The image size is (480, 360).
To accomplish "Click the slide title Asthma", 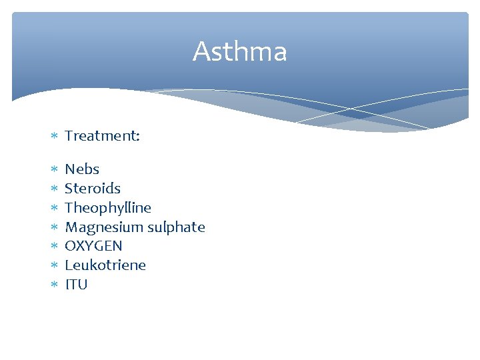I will pos(240,52).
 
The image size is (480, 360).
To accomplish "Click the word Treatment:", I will pos(102,136).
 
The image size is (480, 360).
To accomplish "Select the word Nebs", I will pos(81,169).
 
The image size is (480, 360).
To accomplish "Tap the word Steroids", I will pos(92,189).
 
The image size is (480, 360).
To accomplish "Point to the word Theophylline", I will pos(107,208).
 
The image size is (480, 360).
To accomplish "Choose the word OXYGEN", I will pos(93,246).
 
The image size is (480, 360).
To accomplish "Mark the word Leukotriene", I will pos(105,265).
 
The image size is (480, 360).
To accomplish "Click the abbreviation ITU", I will pos(76,285).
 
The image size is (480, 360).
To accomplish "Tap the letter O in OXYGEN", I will pos(71,246).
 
